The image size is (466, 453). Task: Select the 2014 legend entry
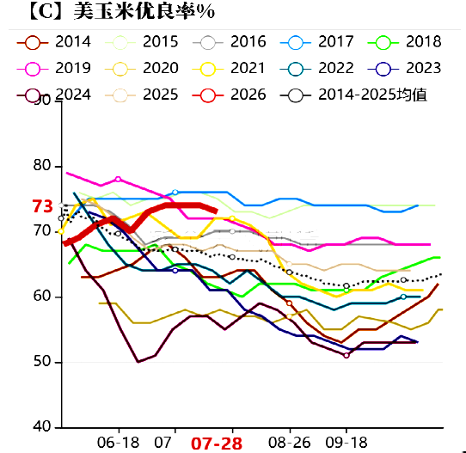pyautogui.click(x=58, y=41)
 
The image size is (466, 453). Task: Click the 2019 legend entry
pyautogui.click(x=58, y=68)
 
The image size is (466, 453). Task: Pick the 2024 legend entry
pyautogui.click(x=58, y=95)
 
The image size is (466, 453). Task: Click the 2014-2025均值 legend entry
pyautogui.click(x=361, y=95)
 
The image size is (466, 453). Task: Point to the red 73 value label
pyautogui.click(x=42, y=206)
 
